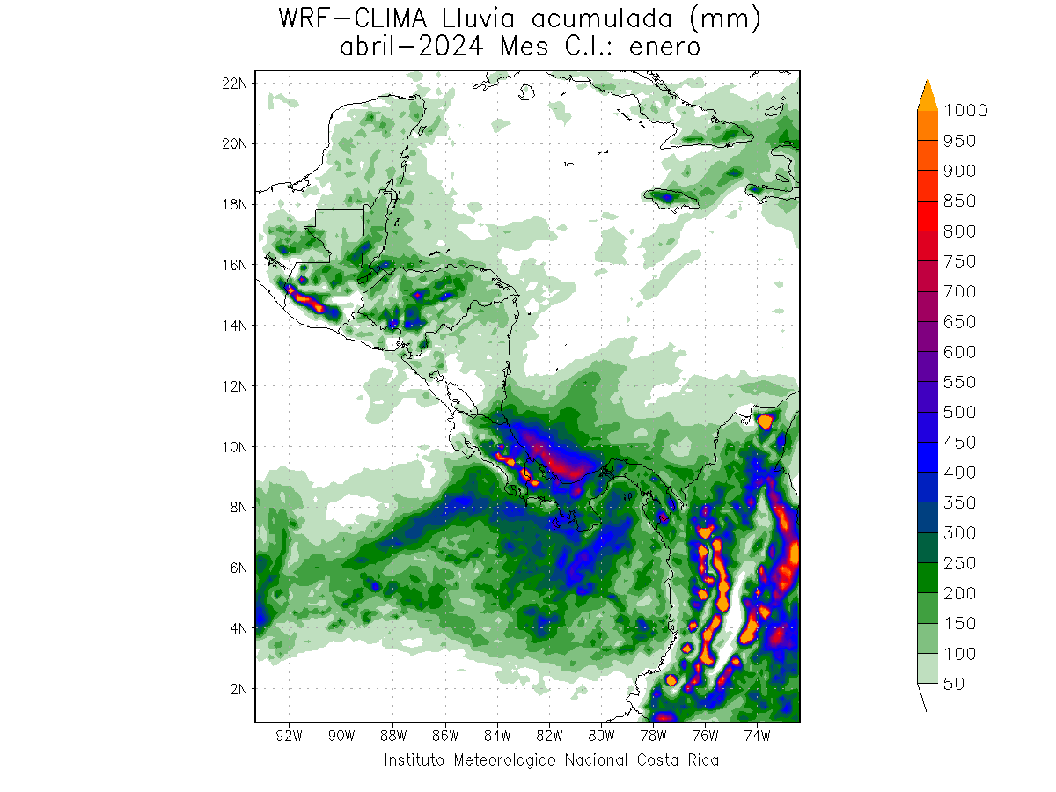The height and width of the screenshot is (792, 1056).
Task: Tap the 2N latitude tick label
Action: pos(237,688)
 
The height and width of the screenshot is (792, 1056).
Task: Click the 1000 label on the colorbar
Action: pos(964,110)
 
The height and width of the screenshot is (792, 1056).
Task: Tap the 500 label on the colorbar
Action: pos(959,412)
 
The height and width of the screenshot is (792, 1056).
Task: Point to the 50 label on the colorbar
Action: pos(953,683)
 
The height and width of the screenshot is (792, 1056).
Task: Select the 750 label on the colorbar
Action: pos(959,261)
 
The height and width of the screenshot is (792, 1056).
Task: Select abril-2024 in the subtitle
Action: pos(410,47)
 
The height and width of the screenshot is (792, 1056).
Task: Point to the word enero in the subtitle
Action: pos(665,47)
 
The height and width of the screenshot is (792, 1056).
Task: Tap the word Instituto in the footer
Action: pos(414,759)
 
